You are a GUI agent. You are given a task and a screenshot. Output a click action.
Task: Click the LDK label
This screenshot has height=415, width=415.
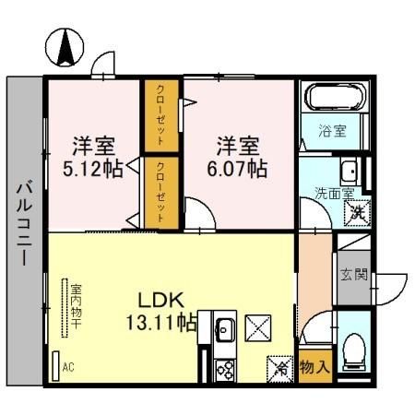[163, 301]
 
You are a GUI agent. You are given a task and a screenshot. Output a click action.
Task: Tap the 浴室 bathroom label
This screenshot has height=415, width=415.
[334, 130]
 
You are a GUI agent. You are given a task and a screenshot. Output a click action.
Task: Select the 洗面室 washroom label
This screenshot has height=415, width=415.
[334, 194]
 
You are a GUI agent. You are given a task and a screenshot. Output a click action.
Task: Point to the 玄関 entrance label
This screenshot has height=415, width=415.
[354, 274]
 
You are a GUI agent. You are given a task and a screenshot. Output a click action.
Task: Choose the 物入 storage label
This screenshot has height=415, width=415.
[315, 366]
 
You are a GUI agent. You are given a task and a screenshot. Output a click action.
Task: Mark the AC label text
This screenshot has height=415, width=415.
[68, 367]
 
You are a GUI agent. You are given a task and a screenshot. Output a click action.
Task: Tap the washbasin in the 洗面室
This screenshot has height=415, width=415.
[349, 172]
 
